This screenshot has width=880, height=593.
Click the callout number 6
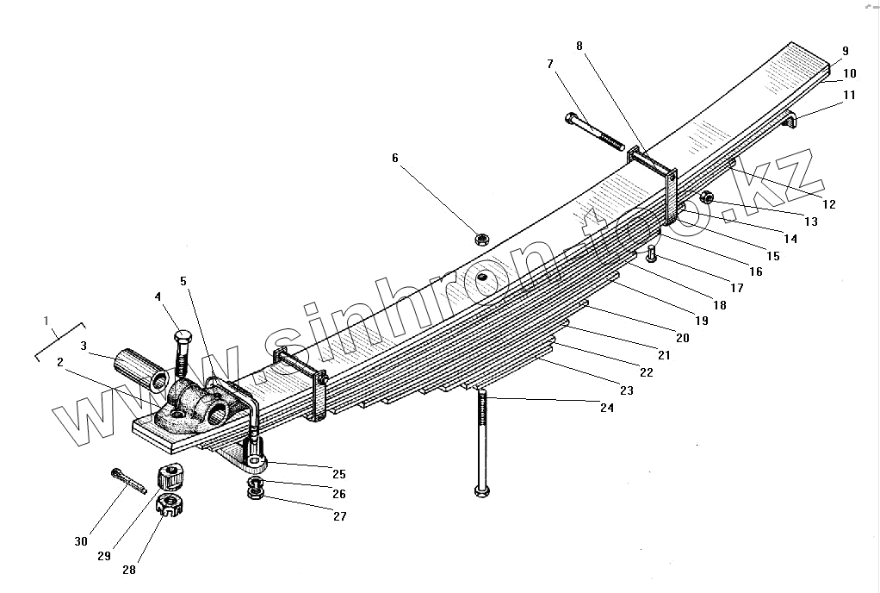[395, 158]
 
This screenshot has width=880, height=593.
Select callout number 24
[608, 409]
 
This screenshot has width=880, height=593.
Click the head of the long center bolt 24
[482, 491]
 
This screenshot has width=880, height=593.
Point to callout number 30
[81, 541]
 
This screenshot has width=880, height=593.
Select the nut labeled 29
[170, 475]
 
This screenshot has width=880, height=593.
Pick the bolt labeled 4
[183, 353]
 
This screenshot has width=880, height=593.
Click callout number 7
[549, 64]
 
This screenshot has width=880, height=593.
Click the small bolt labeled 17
[652, 255]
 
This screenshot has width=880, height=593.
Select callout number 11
[850, 96]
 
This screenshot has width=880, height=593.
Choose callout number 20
[683, 339]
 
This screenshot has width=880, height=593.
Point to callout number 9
[846, 51]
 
